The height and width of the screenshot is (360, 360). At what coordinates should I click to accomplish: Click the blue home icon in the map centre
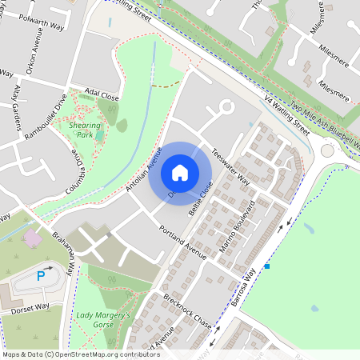pos(180,172)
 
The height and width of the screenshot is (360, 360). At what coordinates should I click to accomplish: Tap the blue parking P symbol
pos(41,277)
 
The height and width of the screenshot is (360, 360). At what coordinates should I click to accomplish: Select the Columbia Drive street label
pos(76,169)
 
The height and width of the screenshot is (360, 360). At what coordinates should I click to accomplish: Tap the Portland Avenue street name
pos(182,241)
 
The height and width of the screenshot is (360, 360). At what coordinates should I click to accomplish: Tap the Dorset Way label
pos(30,306)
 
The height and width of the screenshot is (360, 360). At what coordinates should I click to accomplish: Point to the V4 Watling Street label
pos(287,114)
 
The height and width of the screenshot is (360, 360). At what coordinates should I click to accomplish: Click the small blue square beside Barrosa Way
pos(267,266)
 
